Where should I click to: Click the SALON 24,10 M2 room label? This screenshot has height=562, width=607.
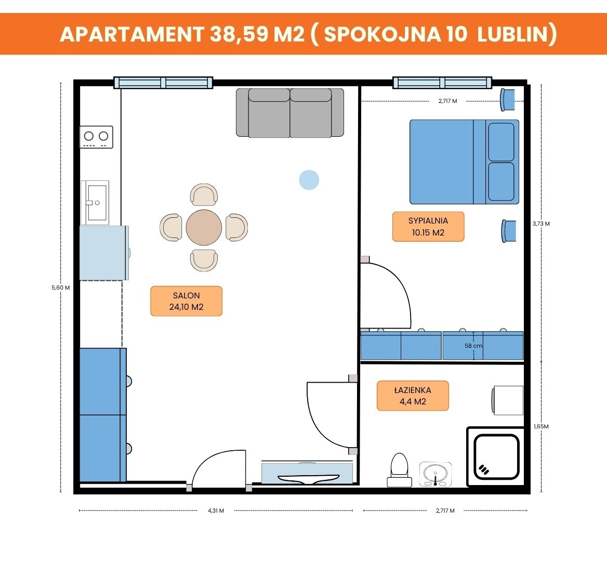tap(186, 301)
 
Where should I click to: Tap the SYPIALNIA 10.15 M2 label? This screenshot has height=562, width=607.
tap(428, 227)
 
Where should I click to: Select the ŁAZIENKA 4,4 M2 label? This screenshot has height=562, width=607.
tap(413, 396)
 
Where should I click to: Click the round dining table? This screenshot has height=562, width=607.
tap(204, 227)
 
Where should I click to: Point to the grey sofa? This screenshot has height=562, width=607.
tap(290, 113)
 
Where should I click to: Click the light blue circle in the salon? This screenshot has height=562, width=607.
tap(309, 180)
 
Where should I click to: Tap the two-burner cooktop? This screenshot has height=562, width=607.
tap(96, 137)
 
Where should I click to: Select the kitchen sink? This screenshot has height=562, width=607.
tap(95, 203)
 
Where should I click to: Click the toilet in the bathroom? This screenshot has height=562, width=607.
tap(400, 470)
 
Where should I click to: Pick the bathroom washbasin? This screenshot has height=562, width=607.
tap(436, 474)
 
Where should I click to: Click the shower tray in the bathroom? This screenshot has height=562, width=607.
tap(495, 456)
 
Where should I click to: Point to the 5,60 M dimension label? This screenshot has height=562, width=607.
tap(61, 288)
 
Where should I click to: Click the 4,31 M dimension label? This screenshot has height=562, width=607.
tap(216, 511)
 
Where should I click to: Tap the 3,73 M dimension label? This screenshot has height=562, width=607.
tap(541, 224)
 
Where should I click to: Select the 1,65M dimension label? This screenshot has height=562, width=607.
tap(541, 426)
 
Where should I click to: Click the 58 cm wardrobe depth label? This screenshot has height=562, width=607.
tap(473, 346)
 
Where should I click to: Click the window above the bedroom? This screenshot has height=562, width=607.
tap(442, 83)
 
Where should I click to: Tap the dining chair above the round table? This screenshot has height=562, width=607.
tap(204, 194)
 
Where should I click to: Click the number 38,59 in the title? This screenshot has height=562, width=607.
tap(239, 34)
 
